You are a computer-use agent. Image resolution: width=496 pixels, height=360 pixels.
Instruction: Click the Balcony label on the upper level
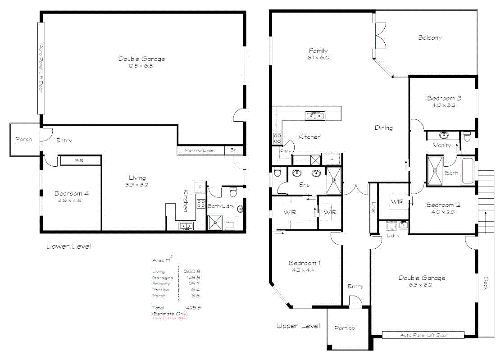[429, 38]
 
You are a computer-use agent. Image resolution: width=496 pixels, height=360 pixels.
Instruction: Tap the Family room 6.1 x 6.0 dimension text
[318, 58]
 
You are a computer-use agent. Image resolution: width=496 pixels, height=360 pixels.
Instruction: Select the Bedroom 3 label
[444, 98]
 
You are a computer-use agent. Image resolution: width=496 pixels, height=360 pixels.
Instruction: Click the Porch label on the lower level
[23, 140]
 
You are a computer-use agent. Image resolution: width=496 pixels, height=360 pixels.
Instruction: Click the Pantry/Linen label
[200, 150]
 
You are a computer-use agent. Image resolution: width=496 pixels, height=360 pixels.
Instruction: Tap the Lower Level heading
[68, 246]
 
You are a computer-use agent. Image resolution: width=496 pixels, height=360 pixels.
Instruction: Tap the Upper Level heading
[298, 326]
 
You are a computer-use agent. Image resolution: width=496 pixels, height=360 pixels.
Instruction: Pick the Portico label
[344, 328]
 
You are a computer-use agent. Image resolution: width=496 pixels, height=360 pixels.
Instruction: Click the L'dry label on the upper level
[393, 236]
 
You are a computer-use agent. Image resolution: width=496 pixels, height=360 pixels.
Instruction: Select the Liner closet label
[373, 207]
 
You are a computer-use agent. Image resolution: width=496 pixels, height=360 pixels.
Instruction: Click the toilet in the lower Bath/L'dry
[233, 192]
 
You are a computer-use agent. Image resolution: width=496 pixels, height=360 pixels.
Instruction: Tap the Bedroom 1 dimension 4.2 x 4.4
[305, 270]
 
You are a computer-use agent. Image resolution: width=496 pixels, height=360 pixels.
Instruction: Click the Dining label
[383, 128]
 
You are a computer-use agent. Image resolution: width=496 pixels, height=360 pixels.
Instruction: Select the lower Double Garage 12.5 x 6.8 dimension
[141, 66]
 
